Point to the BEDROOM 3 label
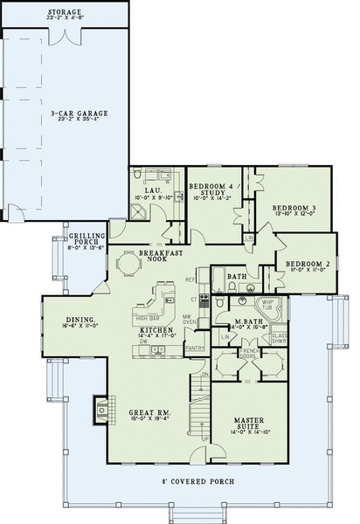[294, 207]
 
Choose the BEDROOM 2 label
[306, 263]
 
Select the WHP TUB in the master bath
[267, 305]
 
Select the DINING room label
[80, 322]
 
